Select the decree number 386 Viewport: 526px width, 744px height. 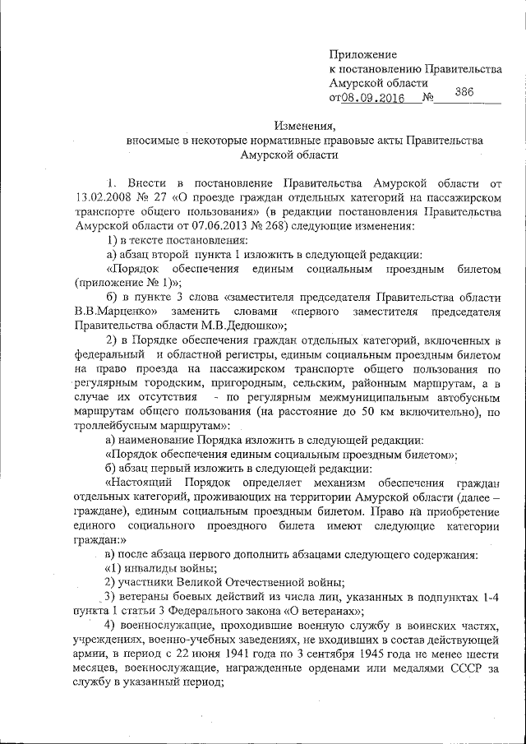click(x=464, y=92)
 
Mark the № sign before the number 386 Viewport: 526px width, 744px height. click(x=427, y=99)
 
